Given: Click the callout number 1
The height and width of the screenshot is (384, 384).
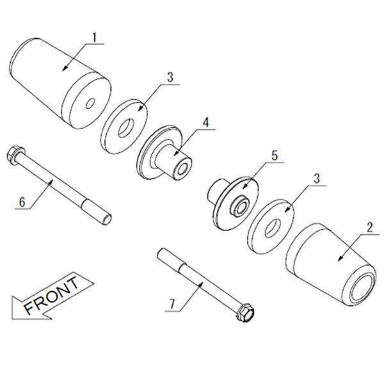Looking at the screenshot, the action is [95, 37].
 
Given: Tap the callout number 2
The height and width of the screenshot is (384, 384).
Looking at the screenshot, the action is [370, 227].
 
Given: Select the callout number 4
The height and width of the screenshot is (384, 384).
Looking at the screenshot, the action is [206, 122].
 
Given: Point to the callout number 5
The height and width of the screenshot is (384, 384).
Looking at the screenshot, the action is [275, 156].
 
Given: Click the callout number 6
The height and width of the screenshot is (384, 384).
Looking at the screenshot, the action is [22, 202].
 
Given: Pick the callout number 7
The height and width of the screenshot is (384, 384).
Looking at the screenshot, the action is [173, 304].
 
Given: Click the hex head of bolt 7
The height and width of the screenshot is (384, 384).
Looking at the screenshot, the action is [246, 313].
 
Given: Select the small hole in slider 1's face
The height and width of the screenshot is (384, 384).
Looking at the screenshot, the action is [90, 103].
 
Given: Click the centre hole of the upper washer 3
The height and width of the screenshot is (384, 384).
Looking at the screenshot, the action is [126, 128].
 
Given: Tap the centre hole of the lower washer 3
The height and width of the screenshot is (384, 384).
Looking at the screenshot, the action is [273, 228].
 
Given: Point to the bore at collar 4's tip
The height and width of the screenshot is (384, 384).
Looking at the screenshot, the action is [183, 168].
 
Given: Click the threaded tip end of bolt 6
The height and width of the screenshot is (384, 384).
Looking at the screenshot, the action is [107, 219].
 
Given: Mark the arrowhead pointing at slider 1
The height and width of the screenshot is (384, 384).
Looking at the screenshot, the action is [65, 68].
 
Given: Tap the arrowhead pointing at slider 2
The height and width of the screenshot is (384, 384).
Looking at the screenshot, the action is [340, 258].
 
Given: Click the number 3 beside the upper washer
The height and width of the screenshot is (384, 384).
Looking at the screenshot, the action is [170, 77].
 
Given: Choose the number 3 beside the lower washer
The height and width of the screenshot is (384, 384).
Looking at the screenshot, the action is [317, 179].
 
